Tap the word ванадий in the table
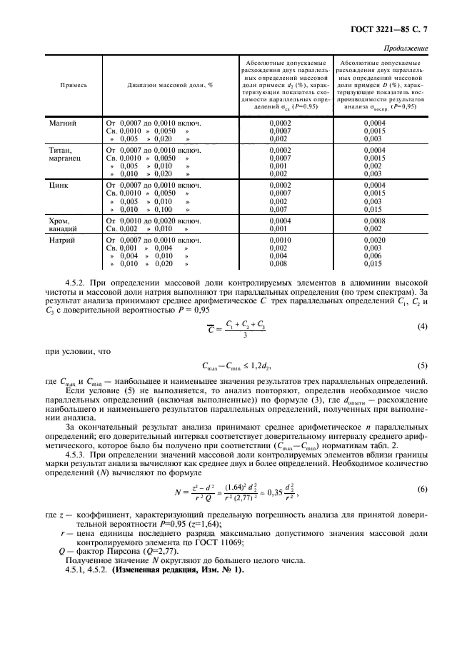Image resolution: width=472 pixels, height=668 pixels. coord(64,228)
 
